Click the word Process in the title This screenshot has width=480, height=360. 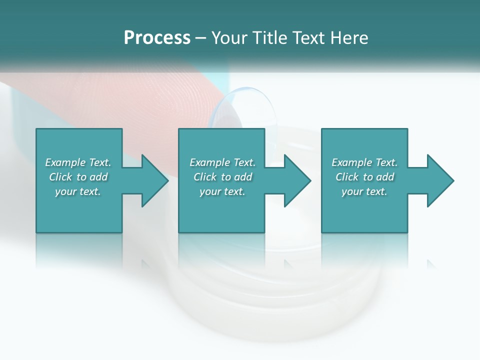[157, 38]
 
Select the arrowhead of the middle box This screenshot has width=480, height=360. [296, 180]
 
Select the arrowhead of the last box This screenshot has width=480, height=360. [439, 180]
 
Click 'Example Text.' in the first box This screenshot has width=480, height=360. [78, 162]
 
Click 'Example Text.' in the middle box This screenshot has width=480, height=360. [222, 162]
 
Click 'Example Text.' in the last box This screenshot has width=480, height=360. [364, 162]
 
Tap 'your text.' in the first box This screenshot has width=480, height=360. [78, 191]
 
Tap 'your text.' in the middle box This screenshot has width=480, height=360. [222, 191]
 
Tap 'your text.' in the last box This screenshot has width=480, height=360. [364, 191]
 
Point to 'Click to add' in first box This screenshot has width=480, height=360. [78, 177]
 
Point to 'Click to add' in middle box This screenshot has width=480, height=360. [222, 177]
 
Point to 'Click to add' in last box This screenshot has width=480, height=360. [364, 177]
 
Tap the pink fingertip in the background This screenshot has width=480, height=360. [150, 100]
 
